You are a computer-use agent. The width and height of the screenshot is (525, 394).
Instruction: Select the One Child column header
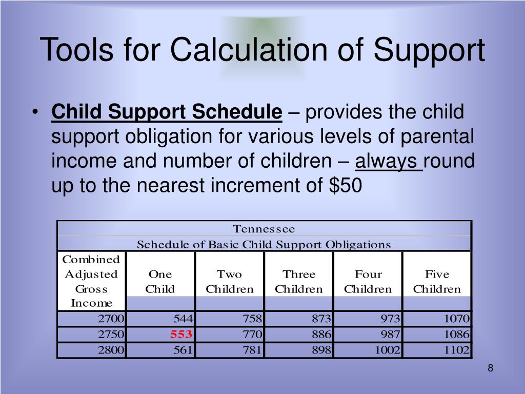click(160, 282)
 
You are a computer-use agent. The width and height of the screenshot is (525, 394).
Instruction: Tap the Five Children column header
click(437, 282)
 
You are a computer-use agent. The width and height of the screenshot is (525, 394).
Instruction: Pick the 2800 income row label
click(111, 351)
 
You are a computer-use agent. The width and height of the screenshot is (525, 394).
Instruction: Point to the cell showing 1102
click(457, 351)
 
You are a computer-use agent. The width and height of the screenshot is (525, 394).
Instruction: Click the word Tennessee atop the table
click(264, 229)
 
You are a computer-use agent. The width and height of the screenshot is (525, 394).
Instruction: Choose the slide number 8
click(491, 368)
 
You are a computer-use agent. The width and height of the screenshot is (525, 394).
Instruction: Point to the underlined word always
click(389, 162)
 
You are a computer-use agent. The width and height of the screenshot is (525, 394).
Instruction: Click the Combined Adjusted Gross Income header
click(91, 281)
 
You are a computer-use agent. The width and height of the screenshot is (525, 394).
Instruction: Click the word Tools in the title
click(72, 50)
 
